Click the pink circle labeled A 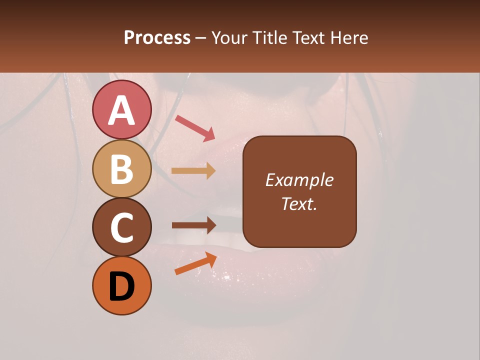pyautogui.click(x=121, y=109)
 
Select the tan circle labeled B pyautogui.click(x=121, y=168)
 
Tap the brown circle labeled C pyautogui.click(x=121, y=227)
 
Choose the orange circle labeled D pyautogui.click(x=121, y=285)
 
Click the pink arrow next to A pyautogui.click(x=194, y=127)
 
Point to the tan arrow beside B pyautogui.click(x=193, y=170)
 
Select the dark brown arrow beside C pyautogui.click(x=193, y=225)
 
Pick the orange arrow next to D pyautogui.click(x=195, y=263)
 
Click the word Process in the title pyautogui.click(x=157, y=38)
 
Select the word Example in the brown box pyautogui.click(x=299, y=180)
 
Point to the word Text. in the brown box pyautogui.click(x=299, y=203)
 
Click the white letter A pyautogui.click(x=121, y=110)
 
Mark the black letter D pyautogui.click(x=121, y=286)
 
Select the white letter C pyautogui.click(x=121, y=228)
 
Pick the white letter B pyautogui.click(x=121, y=169)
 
